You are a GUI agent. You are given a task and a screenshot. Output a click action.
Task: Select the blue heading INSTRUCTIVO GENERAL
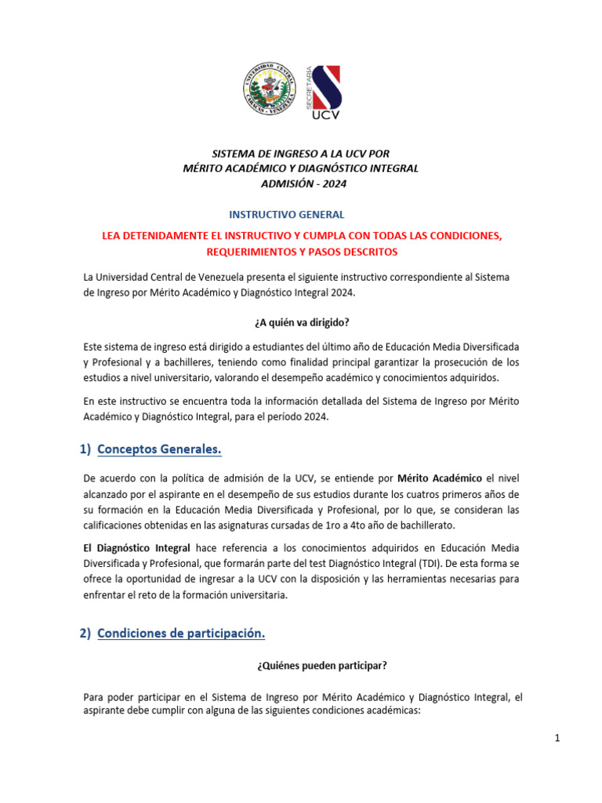pos(286,214)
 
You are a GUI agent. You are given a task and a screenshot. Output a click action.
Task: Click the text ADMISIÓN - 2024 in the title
pos(301,183)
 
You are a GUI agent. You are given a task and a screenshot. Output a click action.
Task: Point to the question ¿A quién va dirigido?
pos(300,322)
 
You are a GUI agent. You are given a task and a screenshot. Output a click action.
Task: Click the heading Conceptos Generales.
pos(159,449)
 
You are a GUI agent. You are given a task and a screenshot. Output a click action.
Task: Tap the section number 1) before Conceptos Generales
pos(86,449)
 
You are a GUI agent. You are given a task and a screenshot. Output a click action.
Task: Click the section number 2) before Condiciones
pos(85,633)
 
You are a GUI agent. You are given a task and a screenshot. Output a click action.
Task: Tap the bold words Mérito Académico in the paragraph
pos(439,478)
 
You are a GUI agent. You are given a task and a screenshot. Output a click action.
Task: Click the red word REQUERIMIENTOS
pos(254,252)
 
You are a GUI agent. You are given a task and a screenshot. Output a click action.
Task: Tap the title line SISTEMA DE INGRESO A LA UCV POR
pos(301,153)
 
